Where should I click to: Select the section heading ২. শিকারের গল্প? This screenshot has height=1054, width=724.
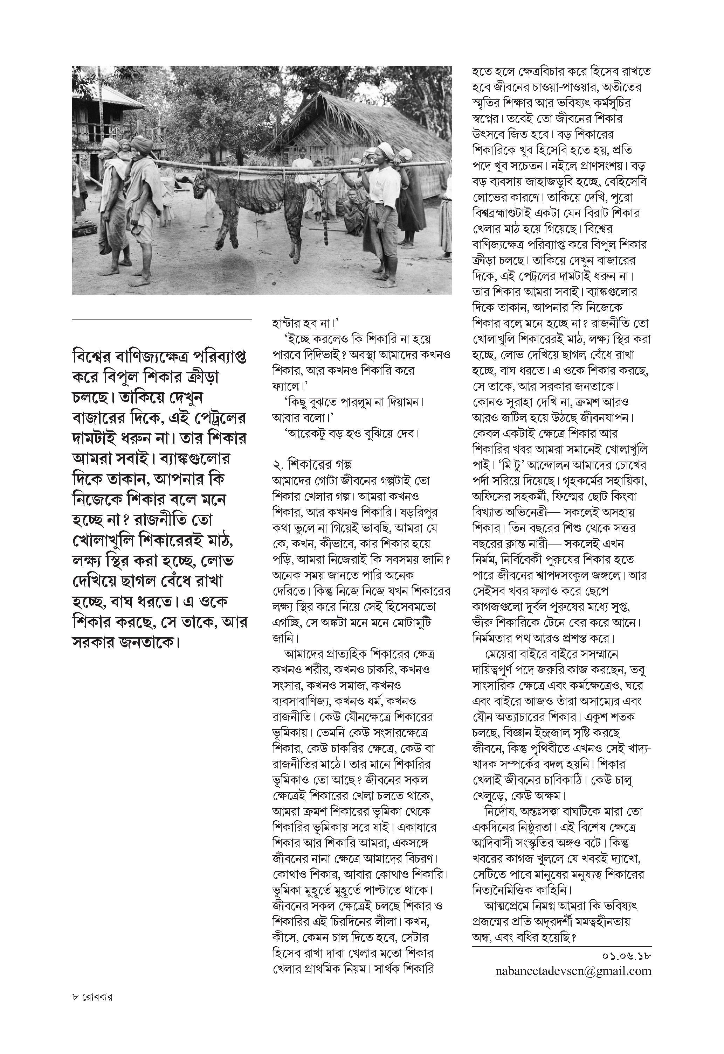point(313,464)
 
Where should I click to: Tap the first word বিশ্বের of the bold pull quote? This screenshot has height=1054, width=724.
point(97,357)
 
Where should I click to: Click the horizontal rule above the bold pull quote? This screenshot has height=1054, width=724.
point(161,320)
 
